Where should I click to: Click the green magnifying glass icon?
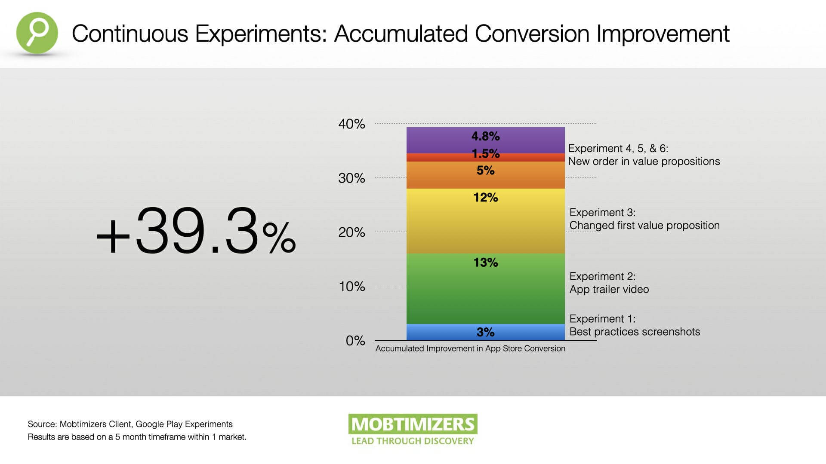(x=37, y=33)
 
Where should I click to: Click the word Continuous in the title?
(x=130, y=34)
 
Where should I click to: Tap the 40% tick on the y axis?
(x=351, y=124)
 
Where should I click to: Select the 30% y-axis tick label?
(x=351, y=178)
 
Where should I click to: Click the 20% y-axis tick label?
(x=351, y=232)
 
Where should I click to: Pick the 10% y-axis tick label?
(x=352, y=287)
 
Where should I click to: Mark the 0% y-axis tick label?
(x=355, y=341)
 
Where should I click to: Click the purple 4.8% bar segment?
(x=486, y=140)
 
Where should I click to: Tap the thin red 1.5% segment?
(x=486, y=158)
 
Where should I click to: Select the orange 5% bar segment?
(x=486, y=175)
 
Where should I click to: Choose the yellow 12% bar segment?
(x=486, y=221)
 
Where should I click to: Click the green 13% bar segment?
(x=486, y=289)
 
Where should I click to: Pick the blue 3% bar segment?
(x=486, y=332)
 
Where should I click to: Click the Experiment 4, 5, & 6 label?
(x=618, y=149)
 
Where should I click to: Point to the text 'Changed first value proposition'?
(x=644, y=226)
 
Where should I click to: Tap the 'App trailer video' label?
(x=609, y=290)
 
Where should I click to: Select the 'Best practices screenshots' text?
(x=635, y=332)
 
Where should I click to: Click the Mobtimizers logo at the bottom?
(x=413, y=430)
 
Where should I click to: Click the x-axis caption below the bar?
(x=470, y=348)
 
